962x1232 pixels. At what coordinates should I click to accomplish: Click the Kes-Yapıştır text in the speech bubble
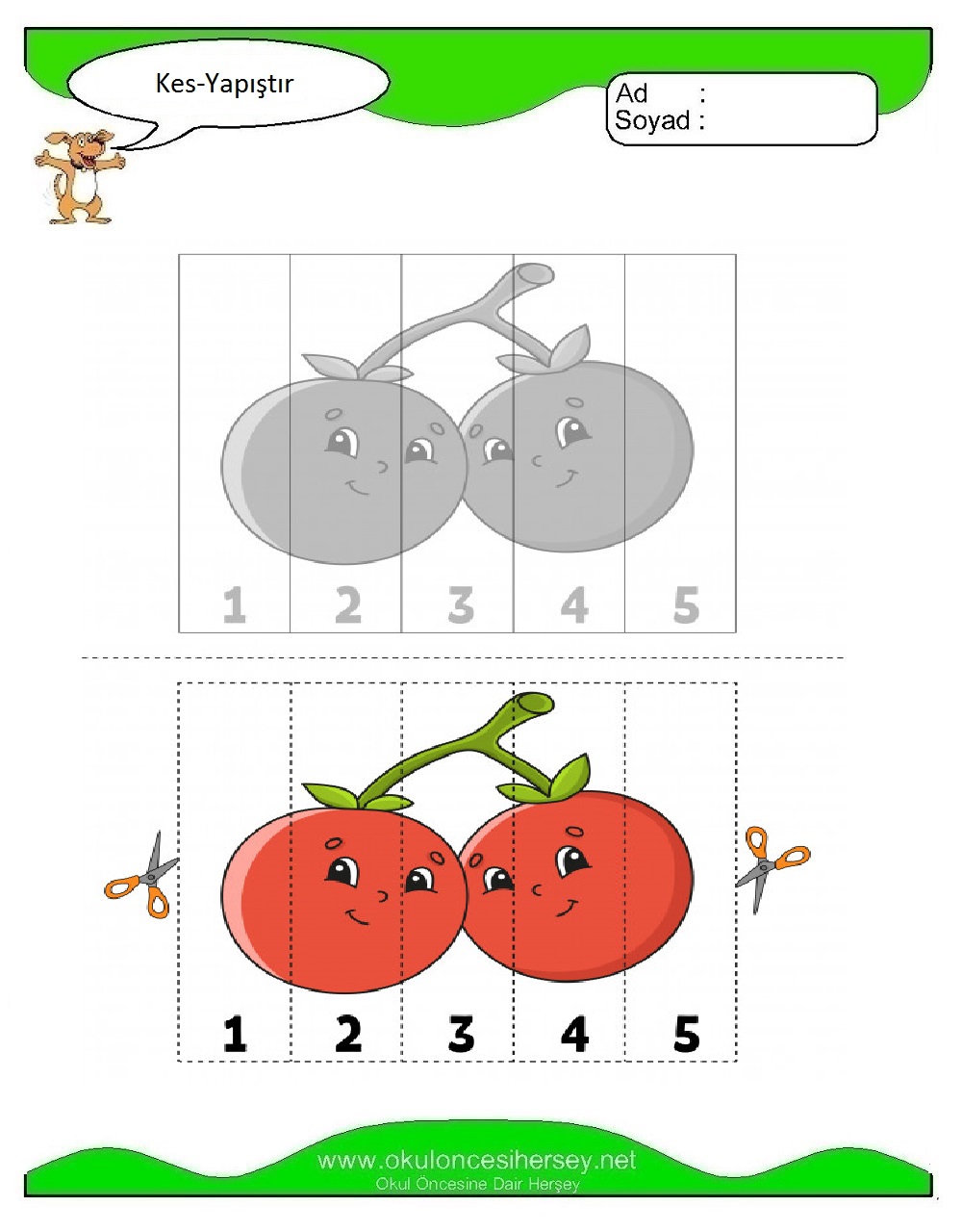tap(224, 85)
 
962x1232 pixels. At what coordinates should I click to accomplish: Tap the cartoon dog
tap(79, 176)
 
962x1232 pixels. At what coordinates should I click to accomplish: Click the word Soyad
tap(652, 120)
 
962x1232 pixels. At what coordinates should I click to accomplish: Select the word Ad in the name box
tap(632, 93)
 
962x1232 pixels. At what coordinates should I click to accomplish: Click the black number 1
tap(235, 1035)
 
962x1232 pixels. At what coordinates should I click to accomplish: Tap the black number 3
tap(461, 1035)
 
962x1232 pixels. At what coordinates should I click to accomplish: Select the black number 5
tap(687, 1035)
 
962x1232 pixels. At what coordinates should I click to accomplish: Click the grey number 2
tap(348, 605)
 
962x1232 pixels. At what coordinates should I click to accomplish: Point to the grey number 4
tap(574, 605)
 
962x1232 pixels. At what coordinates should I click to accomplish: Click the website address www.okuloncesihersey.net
tap(477, 1161)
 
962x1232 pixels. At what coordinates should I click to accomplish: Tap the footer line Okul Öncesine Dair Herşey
tap(477, 1185)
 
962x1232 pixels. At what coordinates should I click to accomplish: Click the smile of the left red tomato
tap(357, 916)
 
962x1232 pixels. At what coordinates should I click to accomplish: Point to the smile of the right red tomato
tap(566, 907)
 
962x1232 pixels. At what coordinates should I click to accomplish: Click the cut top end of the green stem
tap(534, 704)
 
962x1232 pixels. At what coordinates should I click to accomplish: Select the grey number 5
tap(687, 605)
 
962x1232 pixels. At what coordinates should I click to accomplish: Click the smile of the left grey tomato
tap(357, 487)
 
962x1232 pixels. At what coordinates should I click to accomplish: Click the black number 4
tap(574, 1035)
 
